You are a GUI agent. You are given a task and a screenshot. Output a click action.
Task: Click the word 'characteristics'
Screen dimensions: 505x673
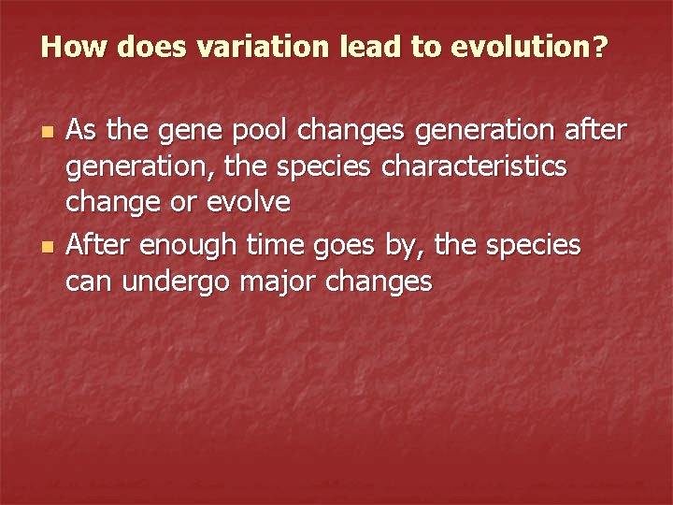[485, 166]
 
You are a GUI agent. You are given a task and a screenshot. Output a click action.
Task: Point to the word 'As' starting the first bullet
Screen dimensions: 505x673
[81, 132]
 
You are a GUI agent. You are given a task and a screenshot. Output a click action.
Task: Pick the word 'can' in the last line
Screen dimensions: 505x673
[86, 281]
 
